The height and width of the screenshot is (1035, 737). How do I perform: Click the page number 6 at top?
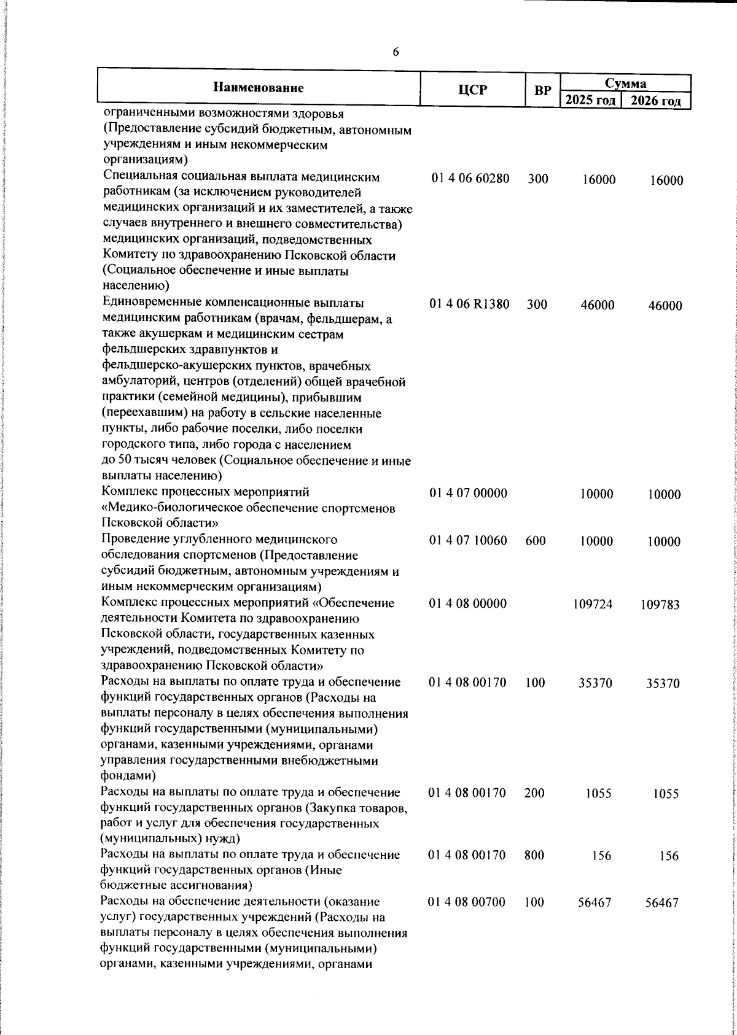[x=396, y=53]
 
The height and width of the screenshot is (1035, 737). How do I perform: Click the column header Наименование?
[x=259, y=88]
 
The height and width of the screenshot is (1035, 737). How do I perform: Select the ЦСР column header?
[x=472, y=90]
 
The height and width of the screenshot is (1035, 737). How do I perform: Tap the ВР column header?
[x=542, y=90]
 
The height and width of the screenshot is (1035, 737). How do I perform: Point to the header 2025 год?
[x=590, y=99]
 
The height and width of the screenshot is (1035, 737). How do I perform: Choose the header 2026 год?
[x=657, y=100]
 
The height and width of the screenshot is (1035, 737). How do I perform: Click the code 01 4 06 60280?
[x=470, y=179]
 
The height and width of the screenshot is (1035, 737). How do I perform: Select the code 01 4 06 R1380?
[x=470, y=304]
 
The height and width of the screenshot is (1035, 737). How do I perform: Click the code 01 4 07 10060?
[x=469, y=541]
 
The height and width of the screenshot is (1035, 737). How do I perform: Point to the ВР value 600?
[x=536, y=541]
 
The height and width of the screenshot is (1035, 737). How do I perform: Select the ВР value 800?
[x=535, y=855]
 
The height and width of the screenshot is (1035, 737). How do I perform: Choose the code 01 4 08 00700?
[x=468, y=902]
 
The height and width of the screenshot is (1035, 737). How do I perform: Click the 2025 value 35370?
[x=595, y=683]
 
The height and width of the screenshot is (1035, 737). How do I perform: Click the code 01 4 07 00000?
[x=468, y=493]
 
